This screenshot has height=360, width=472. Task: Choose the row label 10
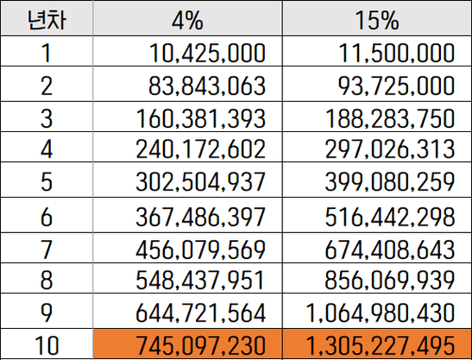(x=47, y=345)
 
